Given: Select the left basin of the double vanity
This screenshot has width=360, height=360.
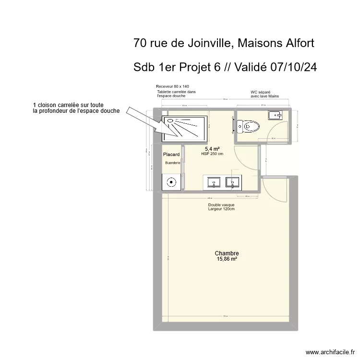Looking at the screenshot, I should (214, 182).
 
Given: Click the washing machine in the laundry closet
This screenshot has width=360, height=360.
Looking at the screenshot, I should (170, 182).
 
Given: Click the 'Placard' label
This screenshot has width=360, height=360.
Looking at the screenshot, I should (171, 155).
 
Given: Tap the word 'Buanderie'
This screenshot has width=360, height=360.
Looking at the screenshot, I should (172, 163).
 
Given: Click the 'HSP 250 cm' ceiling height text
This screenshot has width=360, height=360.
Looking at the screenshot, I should (213, 154).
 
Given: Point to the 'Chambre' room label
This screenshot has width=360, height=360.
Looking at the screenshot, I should (227, 253).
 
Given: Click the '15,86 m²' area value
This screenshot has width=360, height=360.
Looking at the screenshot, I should (227, 259).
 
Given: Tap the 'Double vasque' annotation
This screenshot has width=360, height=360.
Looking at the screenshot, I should (221, 204).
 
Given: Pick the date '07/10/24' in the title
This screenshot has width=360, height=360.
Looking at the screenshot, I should (293, 67).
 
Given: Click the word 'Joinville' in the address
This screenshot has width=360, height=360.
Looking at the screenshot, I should (203, 43).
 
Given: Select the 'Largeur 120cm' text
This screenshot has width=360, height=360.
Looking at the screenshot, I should (221, 209).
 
